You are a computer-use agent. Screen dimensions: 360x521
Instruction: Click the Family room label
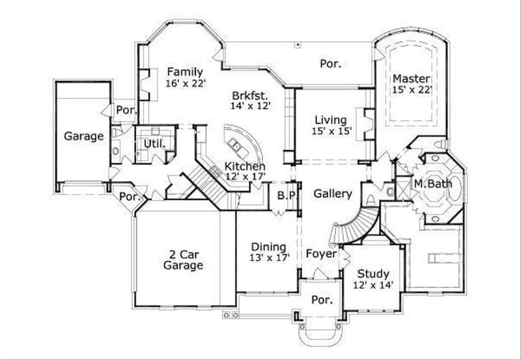pyautogui.click(x=185, y=72)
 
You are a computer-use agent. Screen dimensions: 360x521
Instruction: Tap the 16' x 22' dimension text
pyautogui.click(x=185, y=83)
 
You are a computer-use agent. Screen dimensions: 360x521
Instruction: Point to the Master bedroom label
pyautogui.click(x=408, y=79)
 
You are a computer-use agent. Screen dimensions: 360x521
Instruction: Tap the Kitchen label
pyautogui.click(x=245, y=166)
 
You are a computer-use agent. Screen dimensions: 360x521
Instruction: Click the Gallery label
pyautogui.click(x=333, y=193)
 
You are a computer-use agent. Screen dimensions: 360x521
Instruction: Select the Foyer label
pyautogui.click(x=321, y=254)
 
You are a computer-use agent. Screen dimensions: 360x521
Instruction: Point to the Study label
pyautogui.click(x=374, y=274)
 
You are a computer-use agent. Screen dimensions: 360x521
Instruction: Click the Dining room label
pyautogui.click(x=269, y=247)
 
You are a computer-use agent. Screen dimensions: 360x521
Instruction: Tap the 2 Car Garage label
pyautogui.click(x=183, y=260)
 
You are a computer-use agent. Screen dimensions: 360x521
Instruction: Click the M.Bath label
pyautogui.click(x=433, y=184)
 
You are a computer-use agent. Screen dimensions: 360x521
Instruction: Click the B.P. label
pyautogui.click(x=287, y=195)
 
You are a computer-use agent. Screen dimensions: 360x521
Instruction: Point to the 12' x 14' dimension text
pyautogui.click(x=374, y=285)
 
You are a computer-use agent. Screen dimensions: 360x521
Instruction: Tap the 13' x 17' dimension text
pyautogui.click(x=269, y=258)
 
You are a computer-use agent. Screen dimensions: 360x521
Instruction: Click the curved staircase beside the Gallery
pyautogui.click(x=356, y=225)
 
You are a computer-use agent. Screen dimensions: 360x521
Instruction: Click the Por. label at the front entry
pyautogui.click(x=321, y=300)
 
